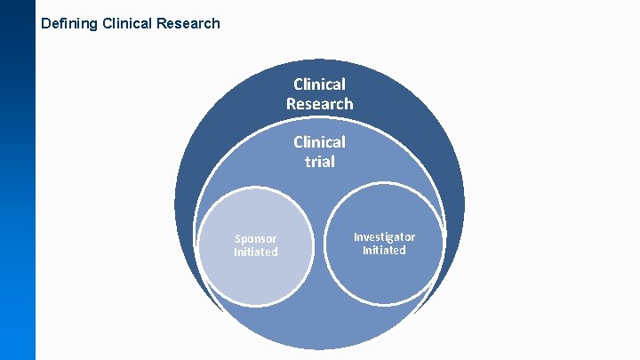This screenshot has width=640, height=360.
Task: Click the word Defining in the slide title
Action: pyautogui.click(x=70, y=24)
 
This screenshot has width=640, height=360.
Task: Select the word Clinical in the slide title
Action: pyautogui.click(x=127, y=24)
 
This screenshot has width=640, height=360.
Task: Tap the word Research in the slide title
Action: pyautogui.click(x=188, y=24)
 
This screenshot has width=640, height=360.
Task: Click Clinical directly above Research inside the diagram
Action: pyautogui.click(x=320, y=84)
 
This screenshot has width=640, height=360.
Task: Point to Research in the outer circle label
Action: pyautogui.click(x=320, y=104)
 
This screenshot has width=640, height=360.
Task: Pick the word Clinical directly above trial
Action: pyautogui.click(x=320, y=142)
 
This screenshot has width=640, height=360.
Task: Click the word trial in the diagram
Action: pyautogui.click(x=320, y=162)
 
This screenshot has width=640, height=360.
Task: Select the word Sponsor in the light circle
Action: pyautogui.click(x=256, y=238)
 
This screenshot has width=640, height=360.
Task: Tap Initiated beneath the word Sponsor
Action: pyautogui.click(x=256, y=252)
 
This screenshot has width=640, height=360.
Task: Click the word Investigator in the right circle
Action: pyautogui.click(x=384, y=236)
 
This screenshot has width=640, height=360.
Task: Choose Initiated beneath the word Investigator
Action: pyautogui.click(x=384, y=251)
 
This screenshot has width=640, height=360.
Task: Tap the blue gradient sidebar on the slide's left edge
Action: pyautogui.click(x=18, y=196)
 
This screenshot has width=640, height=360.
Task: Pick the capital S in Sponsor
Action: pyautogui.click(x=237, y=238)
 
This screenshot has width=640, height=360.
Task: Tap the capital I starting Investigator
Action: pyautogui.click(x=356, y=236)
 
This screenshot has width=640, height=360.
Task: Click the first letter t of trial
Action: pyautogui.click(x=308, y=162)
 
